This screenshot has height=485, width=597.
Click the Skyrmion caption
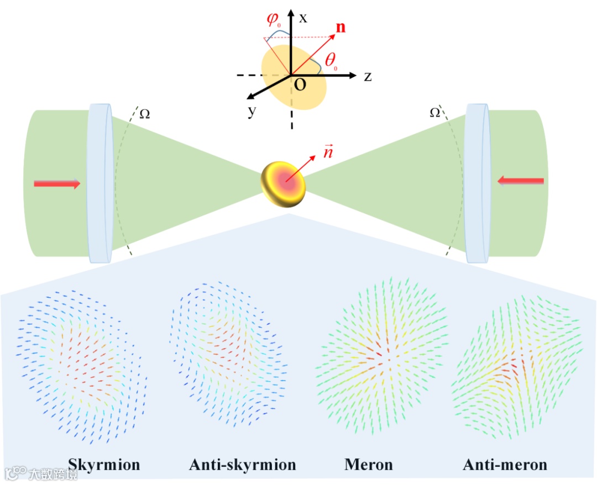(x=104, y=465)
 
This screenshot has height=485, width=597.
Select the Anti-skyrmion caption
(x=243, y=465)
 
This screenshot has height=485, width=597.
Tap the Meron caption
(x=369, y=465)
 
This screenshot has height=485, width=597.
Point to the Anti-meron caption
(x=505, y=465)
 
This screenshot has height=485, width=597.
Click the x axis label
(x=303, y=17)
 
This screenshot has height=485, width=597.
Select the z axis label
(x=367, y=77)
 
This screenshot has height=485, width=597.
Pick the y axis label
(x=252, y=112)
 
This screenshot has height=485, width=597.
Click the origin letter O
(x=299, y=85)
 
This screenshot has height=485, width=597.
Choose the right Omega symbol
(x=435, y=113)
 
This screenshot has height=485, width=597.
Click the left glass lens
(x=100, y=183)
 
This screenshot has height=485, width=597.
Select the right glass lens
(x=478, y=183)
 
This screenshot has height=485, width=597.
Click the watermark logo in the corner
(x=16, y=473)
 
